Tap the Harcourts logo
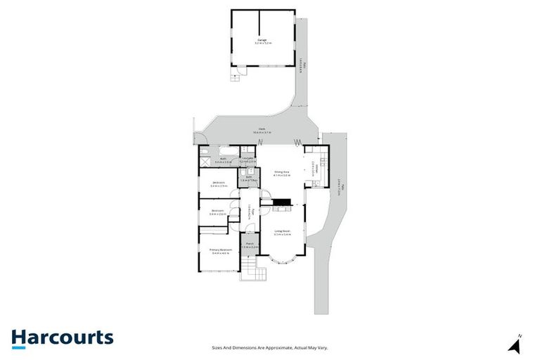[62, 337]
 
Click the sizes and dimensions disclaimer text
[270, 347]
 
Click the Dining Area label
[281, 174]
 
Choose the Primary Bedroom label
[221, 251]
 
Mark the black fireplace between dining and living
[283, 204]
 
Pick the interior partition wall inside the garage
[259, 21]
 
